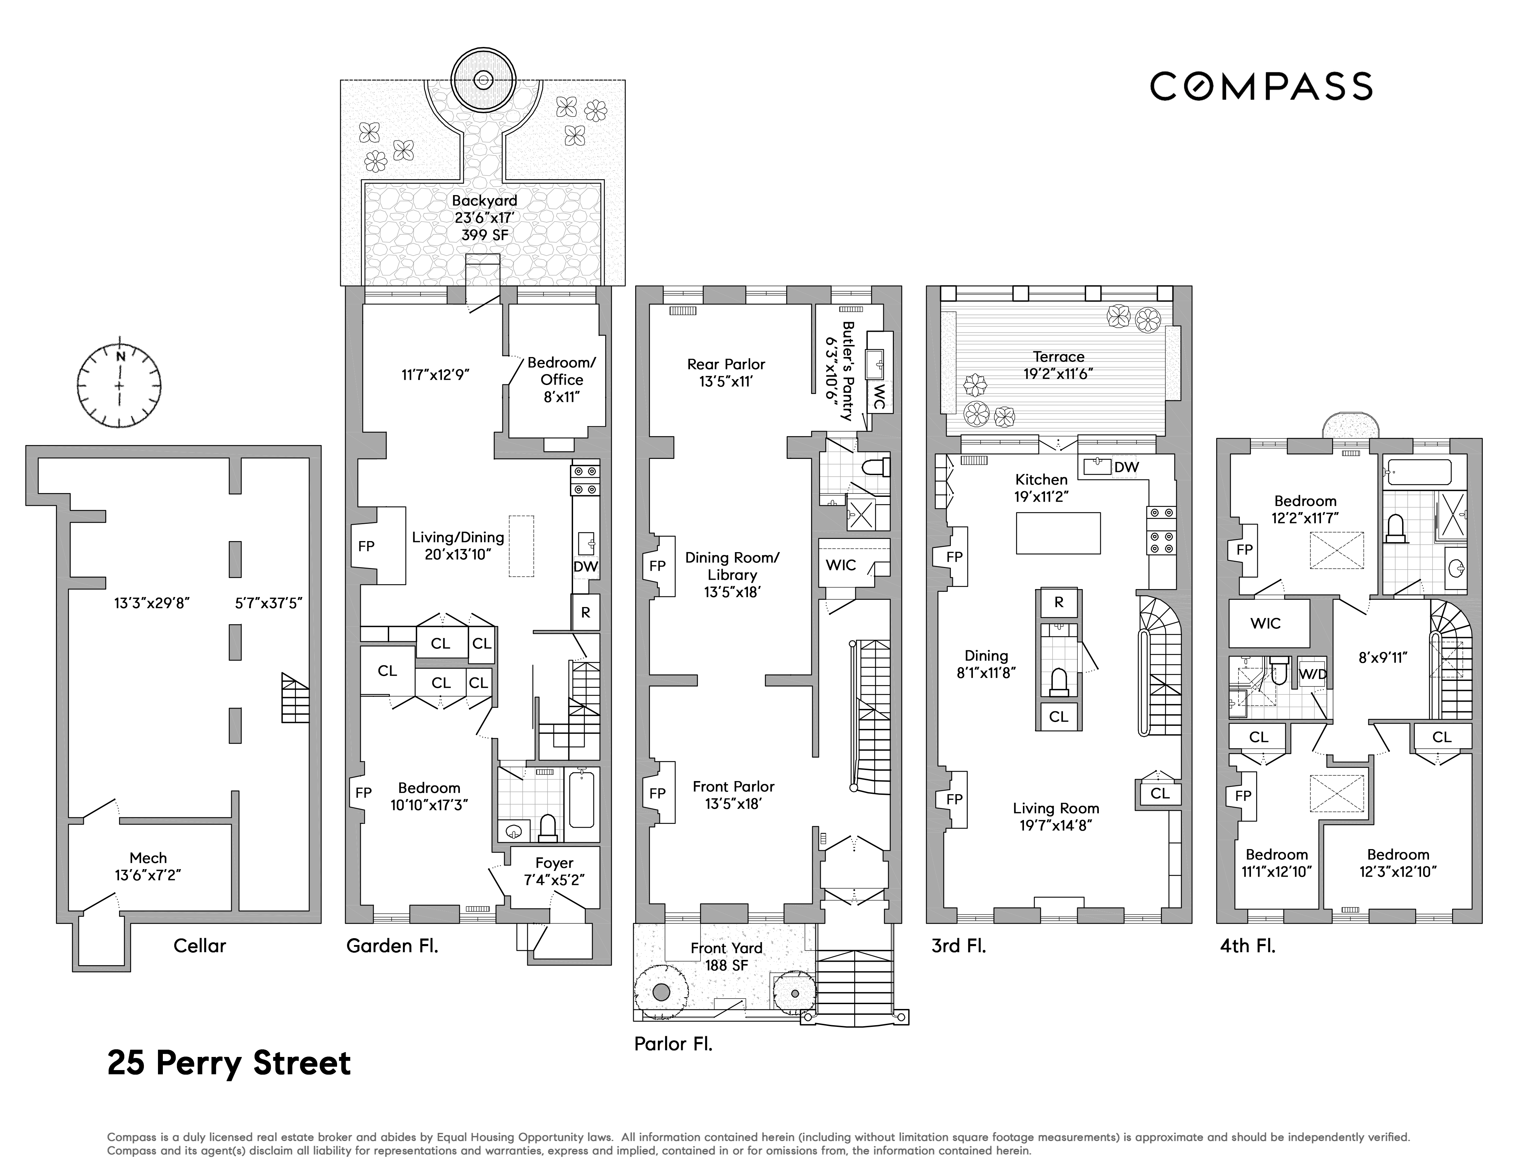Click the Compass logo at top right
(1261, 86)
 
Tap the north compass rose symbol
(120, 385)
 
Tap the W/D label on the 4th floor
(1313, 674)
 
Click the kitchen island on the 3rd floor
(1058, 533)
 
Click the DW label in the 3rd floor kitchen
(1127, 468)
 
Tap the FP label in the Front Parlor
(657, 793)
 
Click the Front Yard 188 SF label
(726, 956)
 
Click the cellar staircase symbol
(295, 697)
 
